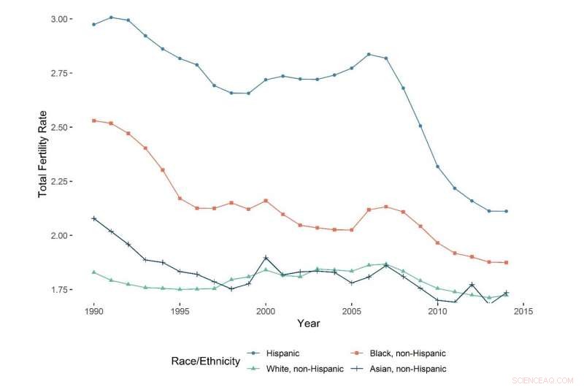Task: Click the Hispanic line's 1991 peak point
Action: point(111,17)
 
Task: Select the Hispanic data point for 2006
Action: point(369,54)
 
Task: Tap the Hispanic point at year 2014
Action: point(506,211)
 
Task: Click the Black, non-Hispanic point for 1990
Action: point(94,120)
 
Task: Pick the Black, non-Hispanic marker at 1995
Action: point(180,198)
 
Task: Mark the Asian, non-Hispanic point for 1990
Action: point(94,218)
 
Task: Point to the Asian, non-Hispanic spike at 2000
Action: point(266,258)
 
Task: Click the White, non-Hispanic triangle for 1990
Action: point(94,272)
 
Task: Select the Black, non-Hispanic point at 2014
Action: point(506,262)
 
